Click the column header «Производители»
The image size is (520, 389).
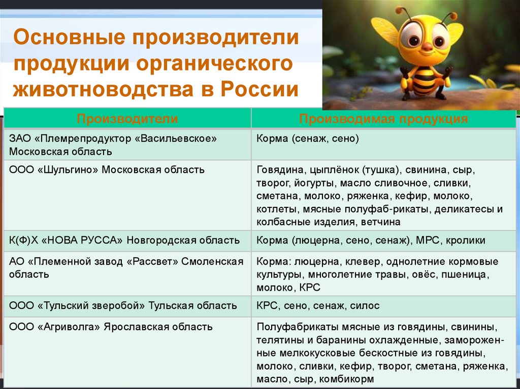click(127, 119)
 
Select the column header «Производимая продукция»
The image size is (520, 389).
click(383, 119)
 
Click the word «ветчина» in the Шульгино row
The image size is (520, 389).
click(381, 222)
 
